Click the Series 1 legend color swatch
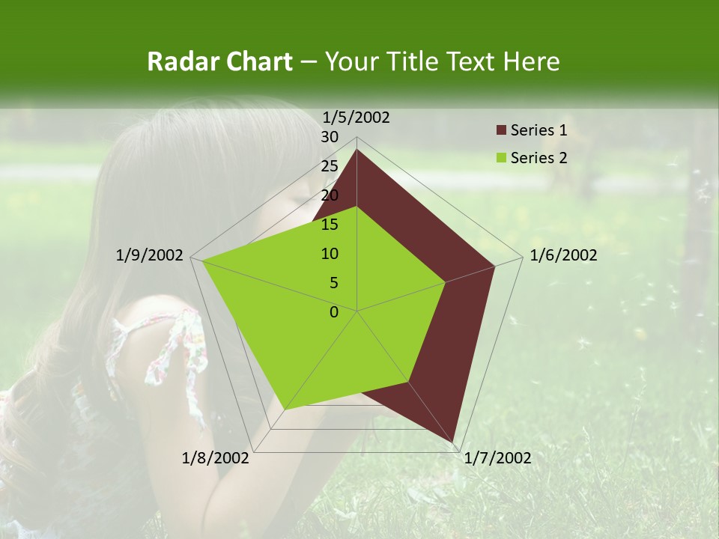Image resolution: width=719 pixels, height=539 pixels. coord(501,131)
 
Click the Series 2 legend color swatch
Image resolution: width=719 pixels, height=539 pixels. coord(501,158)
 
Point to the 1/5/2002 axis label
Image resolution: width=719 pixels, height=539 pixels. coord(357,118)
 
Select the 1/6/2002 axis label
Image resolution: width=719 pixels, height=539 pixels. coord(563,255)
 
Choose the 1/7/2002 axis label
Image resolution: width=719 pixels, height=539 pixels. coord(497,458)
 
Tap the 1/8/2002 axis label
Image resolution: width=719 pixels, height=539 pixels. coord(216,458)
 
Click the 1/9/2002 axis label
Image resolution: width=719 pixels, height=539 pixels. coord(150,255)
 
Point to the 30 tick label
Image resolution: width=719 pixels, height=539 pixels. coord(330,137)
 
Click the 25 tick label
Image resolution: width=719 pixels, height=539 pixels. coord(330,166)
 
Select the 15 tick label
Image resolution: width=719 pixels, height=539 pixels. coord(330,225)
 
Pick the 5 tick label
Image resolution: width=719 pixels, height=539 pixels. coord(334,283)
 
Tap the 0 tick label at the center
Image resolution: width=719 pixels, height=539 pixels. coord(334,312)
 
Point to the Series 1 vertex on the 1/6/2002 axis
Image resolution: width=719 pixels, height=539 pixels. coord(494,266)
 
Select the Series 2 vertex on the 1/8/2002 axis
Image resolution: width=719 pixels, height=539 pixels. coord(285,409)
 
